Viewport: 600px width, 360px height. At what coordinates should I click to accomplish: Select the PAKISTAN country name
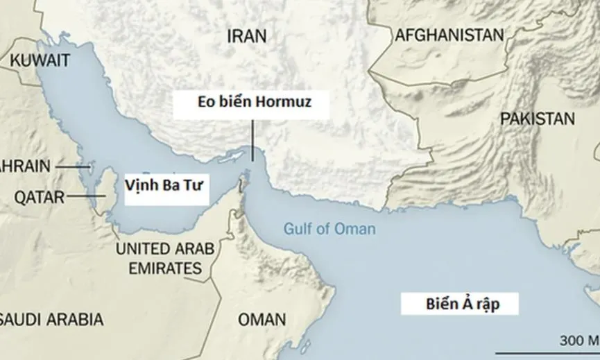click(x=537, y=119)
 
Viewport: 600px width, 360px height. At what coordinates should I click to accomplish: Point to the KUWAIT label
click(x=40, y=60)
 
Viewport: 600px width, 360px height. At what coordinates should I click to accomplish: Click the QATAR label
click(x=39, y=198)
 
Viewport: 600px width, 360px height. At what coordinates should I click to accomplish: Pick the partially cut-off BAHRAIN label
click(x=25, y=166)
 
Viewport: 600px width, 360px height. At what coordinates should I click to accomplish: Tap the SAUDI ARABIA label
click(x=52, y=320)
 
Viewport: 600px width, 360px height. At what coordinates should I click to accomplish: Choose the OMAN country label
click(x=262, y=320)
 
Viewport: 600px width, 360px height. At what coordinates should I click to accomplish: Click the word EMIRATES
click(x=158, y=268)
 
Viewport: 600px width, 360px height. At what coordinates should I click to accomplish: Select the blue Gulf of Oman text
click(x=329, y=229)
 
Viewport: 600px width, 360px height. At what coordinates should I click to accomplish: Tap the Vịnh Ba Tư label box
click(x=166, y=186)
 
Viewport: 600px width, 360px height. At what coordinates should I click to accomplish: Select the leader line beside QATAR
click(x=86, y=197)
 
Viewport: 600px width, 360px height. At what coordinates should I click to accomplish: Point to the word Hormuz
click(x=282, y=103)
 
